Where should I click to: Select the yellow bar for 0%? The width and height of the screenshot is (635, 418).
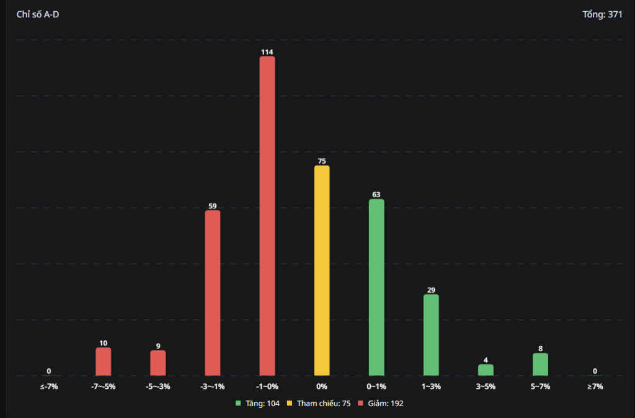(x=322, y=270)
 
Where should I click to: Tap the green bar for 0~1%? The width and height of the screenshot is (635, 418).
(x=376, y=287)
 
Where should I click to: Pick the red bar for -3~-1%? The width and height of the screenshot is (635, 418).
(x=213, y=293)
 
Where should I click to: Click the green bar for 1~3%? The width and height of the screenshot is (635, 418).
(x=431, y=335)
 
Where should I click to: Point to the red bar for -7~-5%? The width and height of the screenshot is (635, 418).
(x=104, y=362)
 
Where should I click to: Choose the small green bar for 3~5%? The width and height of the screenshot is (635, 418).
(x=486, y=370)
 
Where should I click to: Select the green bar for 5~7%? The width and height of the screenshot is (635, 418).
(x=540, y=364)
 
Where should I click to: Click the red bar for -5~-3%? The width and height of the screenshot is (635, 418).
(x=158, y=363)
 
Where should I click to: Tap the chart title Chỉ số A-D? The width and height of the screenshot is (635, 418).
(x=38, y=14)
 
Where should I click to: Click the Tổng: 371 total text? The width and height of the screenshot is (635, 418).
(x=602, y=14)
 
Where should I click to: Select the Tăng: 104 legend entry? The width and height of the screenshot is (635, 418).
(x=258, y=403)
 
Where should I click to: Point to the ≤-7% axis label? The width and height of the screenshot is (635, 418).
(x=49, y=386)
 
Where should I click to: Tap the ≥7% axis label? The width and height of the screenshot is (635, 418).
(x=595, y=386)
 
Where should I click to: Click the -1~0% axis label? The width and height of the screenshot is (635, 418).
(x=267, y=386)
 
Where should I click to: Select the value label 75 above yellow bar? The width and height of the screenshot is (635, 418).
(x=322, y=161)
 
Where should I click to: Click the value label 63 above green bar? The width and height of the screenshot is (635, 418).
(x=376, y=194)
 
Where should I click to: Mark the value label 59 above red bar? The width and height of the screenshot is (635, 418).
(x=213, y=205)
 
